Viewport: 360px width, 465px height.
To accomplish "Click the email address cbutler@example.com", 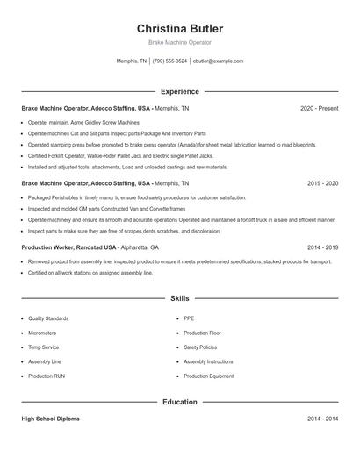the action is pos(218,61).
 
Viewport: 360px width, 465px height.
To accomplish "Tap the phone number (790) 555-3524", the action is pos(169,61).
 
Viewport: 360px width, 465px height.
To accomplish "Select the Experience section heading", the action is pos(179,91).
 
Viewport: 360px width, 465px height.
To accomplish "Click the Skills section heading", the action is pos(179,299).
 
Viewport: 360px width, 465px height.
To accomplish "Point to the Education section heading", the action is pos(179,402).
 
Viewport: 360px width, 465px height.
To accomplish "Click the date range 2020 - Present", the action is pos(319,108).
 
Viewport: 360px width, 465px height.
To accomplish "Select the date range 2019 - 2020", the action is pos(322,184).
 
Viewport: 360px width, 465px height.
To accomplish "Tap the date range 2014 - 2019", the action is pos(322,248).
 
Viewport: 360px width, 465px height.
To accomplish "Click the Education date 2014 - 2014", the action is pos(322,419).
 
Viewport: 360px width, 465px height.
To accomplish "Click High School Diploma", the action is pos(50,419).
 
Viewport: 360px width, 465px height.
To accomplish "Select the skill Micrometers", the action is pos(42,333).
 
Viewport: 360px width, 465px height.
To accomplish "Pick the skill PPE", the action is pos(189,318).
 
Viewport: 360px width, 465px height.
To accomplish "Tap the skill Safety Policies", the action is pos(200,347).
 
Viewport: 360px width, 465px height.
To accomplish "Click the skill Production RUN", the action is pos(47,376).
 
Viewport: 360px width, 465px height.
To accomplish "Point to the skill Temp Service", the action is pos(43,347).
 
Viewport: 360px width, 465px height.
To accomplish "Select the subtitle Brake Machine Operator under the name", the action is pos(179,43).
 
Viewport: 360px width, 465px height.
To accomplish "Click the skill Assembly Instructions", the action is pos(208,361).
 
